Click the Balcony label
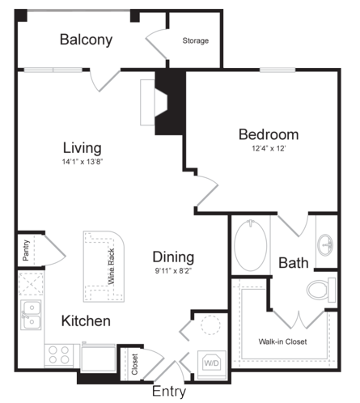tap(86, 40)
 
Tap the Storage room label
tap(196, 40)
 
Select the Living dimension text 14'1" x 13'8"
tap(83, 162)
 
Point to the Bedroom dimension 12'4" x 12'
tap(269, 148)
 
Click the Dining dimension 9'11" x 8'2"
tap(173, 270)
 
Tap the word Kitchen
tap(86, 321)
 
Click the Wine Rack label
tap(112, 266)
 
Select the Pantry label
tap(26, 250)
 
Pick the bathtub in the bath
tap(251, 245)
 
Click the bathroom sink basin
tap(325, 245)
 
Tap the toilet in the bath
tap(321, 290)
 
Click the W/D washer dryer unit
tap(212, 363)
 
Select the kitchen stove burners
tap(59, 355)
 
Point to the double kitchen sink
tap(32, 315)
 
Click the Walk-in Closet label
tap(282, 341)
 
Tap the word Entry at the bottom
tap(169, 392)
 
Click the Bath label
tap(294, 263)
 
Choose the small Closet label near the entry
tap(135, 364)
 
